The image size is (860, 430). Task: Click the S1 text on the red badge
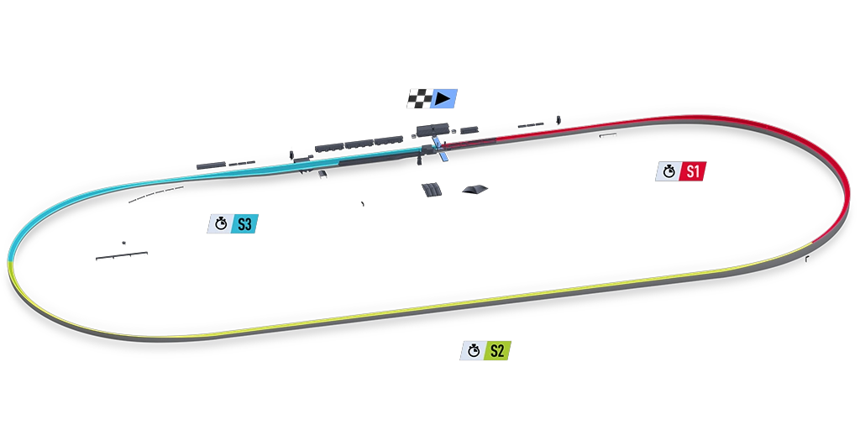tap(692, 171)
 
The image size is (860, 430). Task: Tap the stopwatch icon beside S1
tap(669, 171)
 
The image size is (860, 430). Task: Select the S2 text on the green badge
tap(497, 351)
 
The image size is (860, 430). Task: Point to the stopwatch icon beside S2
tap(474, 351)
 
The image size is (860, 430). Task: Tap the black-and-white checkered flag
tap(418, 100)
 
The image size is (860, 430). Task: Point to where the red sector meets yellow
tap(813, 244)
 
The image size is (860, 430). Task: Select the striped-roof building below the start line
tap(432, 190)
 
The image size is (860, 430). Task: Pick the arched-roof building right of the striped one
tap(475, 190)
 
